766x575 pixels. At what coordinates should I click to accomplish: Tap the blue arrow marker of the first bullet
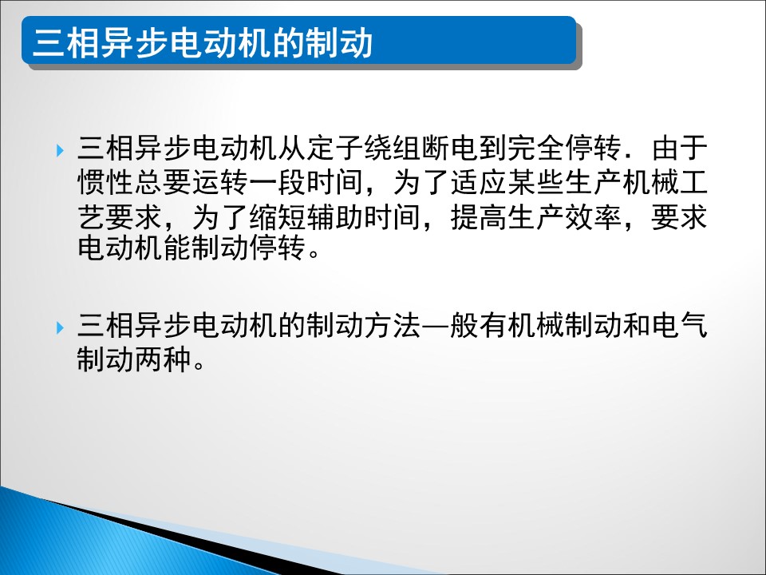pyautogui.click(x=60, y=150)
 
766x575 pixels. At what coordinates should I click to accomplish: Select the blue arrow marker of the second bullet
pyautogui.click(x=60, y=327)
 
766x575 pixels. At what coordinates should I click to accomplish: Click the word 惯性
pyautogui.click(x=105, y=182)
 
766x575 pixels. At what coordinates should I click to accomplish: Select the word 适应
pyautogui.click(x=478, y=182)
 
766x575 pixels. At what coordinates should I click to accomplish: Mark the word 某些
pyautogui.click(x=536, y=182)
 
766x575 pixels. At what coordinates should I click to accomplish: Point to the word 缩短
pyautogui.click(x=278, y=217)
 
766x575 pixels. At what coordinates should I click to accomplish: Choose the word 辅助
pyautogui.click(x=335, y=217)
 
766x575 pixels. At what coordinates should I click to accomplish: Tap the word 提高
pyautogui.click(x=478, y=217)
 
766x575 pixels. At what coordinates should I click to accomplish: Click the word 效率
pyautogui.click(x=593, y=217)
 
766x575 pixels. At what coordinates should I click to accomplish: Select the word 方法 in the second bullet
pyautogui.click(x=393, y=326)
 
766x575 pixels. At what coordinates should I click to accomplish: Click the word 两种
pyautogui.click(x=163, y=360)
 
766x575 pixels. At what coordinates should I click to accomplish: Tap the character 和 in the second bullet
pyautogui.click(x=637, y=326)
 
